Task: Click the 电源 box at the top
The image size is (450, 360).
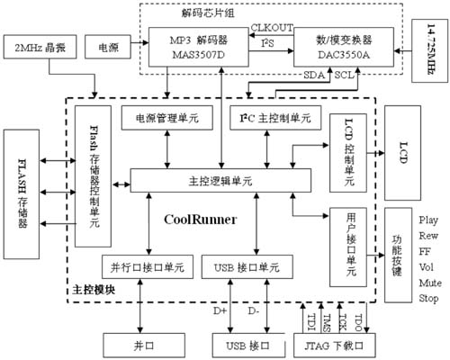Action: point(107,44)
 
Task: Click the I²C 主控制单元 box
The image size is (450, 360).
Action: point(274,119)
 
